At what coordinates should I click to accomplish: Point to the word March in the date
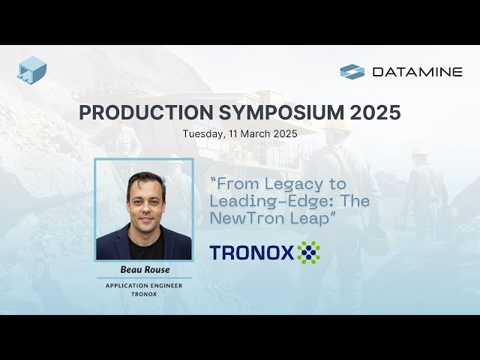click(x=259, y=134)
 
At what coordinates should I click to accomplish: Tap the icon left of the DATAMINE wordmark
click(x=352, y=72)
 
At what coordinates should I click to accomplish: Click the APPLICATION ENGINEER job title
click(x=143, y=286)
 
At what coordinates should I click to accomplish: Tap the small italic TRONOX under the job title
click(x=143, y=294)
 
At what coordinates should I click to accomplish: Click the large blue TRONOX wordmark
click(x=252, y=253)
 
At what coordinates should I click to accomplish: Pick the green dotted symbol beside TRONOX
click(x=308, y=252)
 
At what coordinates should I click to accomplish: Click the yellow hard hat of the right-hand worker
click(x=418, y=151)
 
